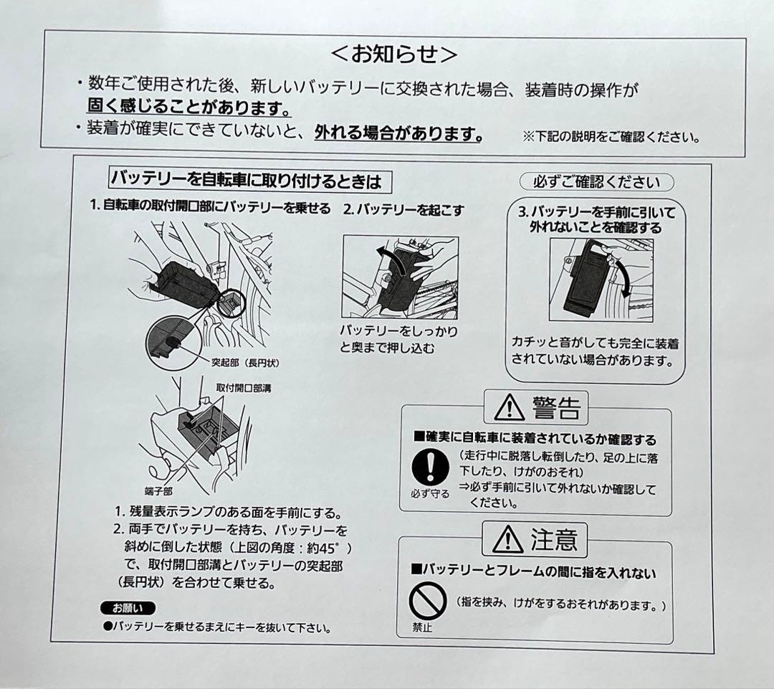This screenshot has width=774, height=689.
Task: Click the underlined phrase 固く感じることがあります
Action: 188,108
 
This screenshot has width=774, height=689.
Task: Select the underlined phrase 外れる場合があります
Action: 397,133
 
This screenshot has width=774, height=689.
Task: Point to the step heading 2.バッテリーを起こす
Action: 403,210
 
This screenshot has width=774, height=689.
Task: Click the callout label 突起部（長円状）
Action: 244,363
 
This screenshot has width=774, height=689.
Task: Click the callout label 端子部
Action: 158,491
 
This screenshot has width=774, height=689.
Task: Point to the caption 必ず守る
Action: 430,494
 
